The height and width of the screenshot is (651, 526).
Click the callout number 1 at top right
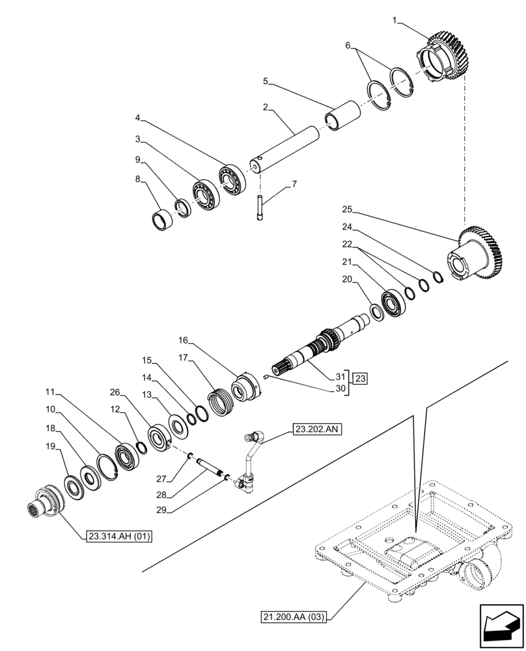click(x=394, y=21)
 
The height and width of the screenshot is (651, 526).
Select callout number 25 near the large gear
click(x=347, y=209)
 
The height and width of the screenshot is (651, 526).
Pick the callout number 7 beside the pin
click(x=294, y=184)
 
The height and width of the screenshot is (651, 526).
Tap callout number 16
click(x=183, y=340)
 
